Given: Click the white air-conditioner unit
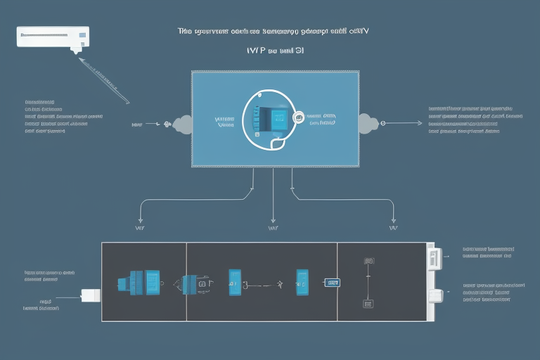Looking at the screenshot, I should [x=53, y=37].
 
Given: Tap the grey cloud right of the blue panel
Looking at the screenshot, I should [x=368, y=123].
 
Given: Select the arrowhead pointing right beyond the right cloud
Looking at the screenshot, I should [x=420, y=124].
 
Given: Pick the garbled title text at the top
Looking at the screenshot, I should [x=274, y=32].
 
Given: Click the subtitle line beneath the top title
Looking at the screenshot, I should [x=275, y=51].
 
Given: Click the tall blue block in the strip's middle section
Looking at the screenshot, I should [x=235, y=282].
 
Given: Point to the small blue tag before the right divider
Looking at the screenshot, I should [x=332, y=283].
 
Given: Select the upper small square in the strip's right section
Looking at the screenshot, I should [x=368, y=261].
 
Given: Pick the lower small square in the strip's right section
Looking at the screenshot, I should [x=367, y=304].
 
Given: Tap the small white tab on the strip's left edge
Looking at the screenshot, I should [x=90, y=295].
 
